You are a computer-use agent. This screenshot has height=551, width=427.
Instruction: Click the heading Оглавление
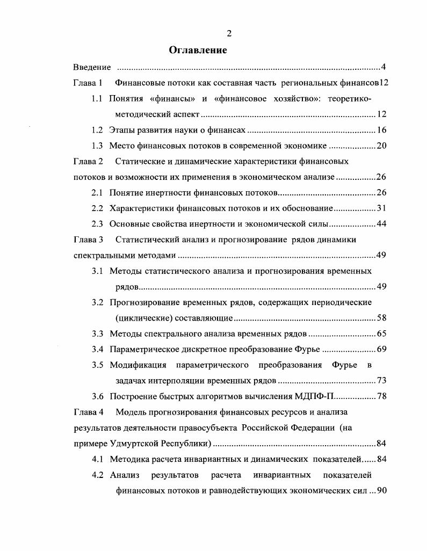198,50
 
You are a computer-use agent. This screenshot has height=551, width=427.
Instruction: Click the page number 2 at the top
229,33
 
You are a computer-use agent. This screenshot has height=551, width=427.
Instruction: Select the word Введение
92,68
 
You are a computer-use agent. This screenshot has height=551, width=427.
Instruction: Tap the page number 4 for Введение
383,68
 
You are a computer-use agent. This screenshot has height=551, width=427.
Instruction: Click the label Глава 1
88,83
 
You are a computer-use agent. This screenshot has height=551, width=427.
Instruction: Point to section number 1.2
97,130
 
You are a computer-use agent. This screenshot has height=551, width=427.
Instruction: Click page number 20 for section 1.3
381,146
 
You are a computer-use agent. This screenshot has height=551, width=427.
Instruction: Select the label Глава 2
88,161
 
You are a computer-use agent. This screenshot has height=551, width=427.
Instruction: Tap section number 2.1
97,193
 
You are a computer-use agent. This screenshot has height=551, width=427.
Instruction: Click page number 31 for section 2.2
381,208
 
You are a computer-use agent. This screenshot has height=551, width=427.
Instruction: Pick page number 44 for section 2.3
381,224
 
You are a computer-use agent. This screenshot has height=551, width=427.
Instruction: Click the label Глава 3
88,240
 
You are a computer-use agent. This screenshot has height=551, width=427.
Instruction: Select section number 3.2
97,302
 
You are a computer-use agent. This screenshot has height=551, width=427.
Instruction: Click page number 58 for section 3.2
381,318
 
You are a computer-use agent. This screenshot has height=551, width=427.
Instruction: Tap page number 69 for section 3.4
381,350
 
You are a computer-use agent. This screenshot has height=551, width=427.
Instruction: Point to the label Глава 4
88,412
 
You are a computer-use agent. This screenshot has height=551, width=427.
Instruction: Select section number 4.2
97,475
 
